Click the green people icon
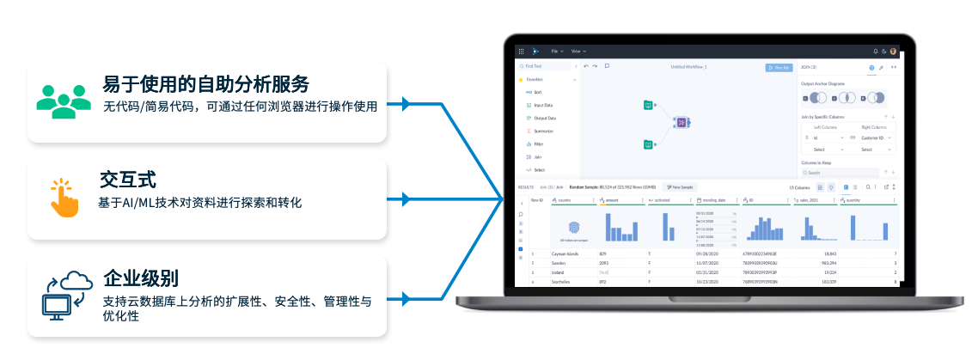point(64,100)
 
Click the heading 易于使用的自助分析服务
point(205,84)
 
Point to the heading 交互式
point(128,180)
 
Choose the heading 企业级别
point(141,278)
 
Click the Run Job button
point(779,67)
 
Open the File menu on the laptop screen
point(556,52)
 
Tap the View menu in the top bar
point(578,52)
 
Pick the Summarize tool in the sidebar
point(543,131)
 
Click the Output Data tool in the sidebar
point(545,118)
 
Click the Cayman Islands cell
point(568,254)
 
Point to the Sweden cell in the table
point(559,264)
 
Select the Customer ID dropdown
point(877,137)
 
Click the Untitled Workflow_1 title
point(688,67)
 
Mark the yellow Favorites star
point(521,79)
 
